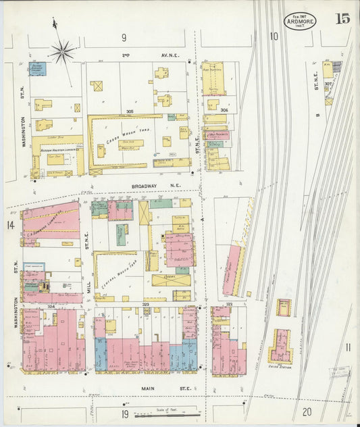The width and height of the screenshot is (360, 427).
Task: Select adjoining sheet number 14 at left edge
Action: [x=11, y=224]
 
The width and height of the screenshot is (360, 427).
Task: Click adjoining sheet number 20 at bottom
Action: [x=307, y=411]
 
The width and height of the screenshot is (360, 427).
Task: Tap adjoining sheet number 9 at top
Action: [x=124, y=36]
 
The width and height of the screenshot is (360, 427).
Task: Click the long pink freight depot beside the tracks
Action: [x=233, y=270]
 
